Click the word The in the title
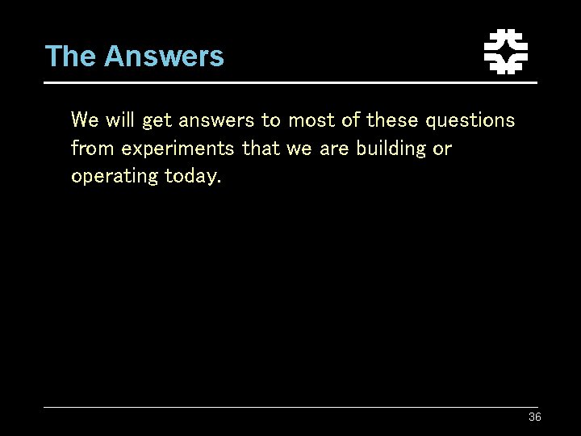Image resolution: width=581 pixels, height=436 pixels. tap(71, 57)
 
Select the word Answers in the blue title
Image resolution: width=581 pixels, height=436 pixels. tap(164, 57)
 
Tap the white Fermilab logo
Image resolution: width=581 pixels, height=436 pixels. tap(505, 52)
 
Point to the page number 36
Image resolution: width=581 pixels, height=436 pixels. tap(534, 417)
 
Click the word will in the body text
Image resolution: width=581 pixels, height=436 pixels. tap(119, 121)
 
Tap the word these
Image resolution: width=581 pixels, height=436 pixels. tap(393, 121)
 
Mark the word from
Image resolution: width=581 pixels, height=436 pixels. tap(93, 149)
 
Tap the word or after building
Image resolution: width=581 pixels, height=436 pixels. tap(442, 149)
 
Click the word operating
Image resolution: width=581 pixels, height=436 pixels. tap(115, 176)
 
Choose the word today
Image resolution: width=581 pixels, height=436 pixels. tap(192, 176)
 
